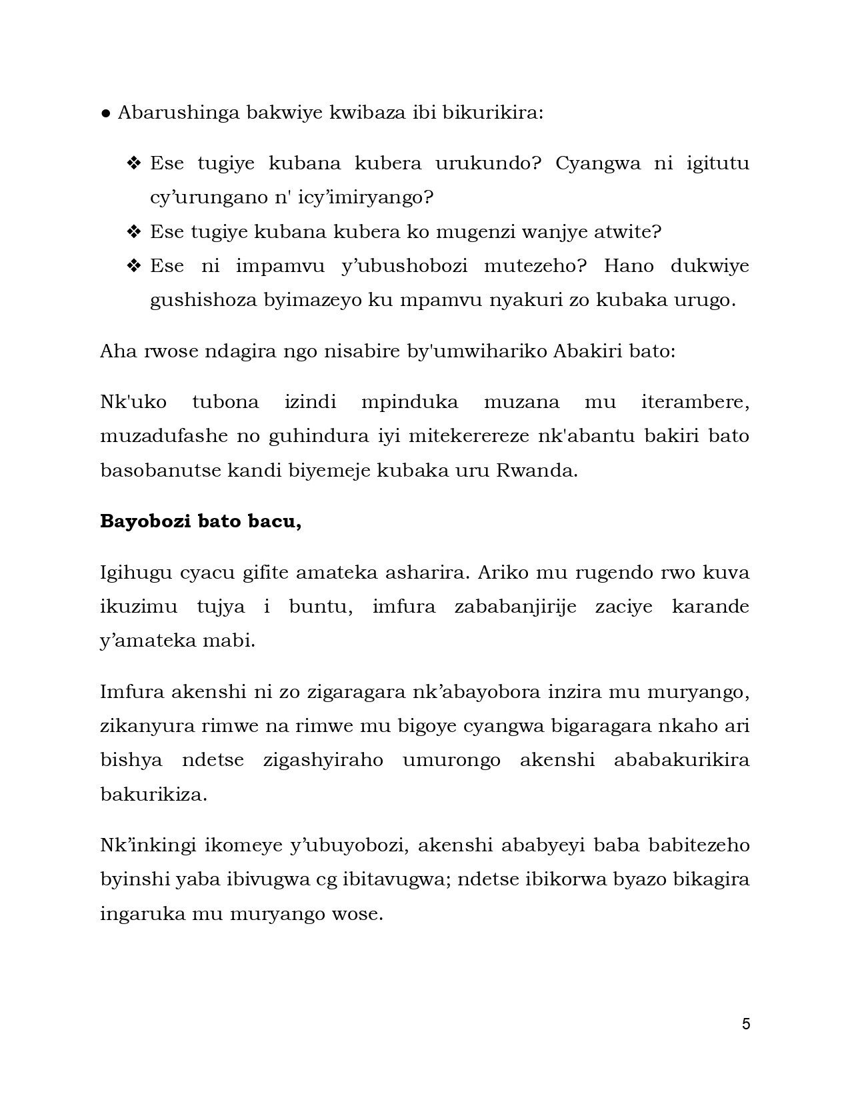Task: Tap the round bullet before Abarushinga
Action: (x=106, y=113)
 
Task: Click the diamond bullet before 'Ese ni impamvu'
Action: (x=134, y=266)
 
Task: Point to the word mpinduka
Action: (x=409, y=402)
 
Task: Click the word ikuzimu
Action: (x=139, y=607)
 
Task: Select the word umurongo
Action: (x=451, y=761)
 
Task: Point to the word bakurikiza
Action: (x=153, y=795)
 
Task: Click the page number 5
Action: (x=746, y=1024)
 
